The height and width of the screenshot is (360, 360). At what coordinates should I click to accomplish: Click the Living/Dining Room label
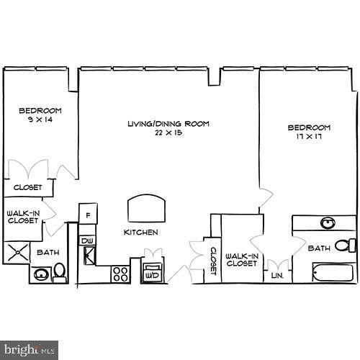168,124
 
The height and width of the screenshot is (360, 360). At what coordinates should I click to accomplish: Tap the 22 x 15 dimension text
168,133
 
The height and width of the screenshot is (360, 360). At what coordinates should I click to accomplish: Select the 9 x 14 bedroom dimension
40,120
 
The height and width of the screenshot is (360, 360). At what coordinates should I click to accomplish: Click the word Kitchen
140,233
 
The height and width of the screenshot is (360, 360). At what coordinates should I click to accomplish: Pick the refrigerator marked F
88,214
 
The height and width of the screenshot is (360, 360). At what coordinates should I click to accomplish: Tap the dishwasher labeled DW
87,240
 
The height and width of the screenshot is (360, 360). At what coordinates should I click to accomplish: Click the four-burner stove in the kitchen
120,274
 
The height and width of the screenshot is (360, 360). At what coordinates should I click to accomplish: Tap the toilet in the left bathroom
60,272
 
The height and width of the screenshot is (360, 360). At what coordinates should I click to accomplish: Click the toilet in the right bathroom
347,246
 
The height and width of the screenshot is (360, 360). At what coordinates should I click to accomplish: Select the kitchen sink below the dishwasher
89,254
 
